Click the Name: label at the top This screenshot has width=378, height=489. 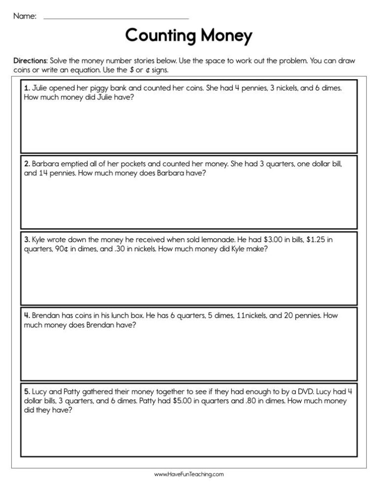pyautogui.click(x=25, y=16)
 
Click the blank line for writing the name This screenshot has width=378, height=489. pyautogui.click(x=116, y=18)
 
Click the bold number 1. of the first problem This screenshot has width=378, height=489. pyautogui.click(x=27, y=88)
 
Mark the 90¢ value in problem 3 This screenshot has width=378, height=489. pyautogui.click(x=55, y=249)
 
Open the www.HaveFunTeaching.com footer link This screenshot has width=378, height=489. pyautogui.click(x=189, y=474)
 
